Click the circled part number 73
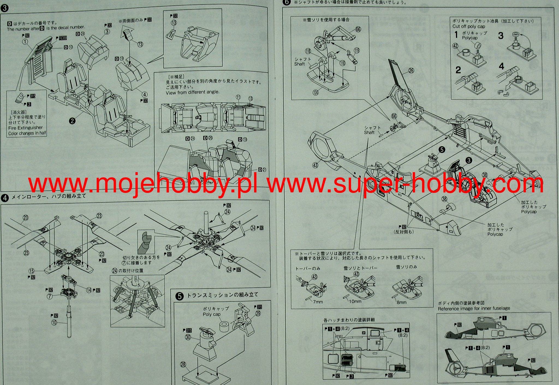tap(140, 44)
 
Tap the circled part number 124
tap(316, 92)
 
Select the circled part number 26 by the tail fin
tap(411, 70)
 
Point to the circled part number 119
tap(356, 51)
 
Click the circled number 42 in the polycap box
tap(455, 46)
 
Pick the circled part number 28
tap(183, 365)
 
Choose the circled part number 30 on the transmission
tap(188, 337)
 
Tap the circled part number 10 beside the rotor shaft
tap(54, 322)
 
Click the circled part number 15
tap(32, 271)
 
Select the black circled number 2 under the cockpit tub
tap(72, 121)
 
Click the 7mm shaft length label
tap(318, 302)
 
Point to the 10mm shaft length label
tap(355, 301)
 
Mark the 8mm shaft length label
tap(401, 302)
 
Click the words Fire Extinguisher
tap(25, 128)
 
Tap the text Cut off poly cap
tap(469, 27)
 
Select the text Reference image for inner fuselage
tap(474, 309)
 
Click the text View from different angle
tap(192, 92)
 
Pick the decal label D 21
tap(262, 170)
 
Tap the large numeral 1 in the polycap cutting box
tap(456, 35)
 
